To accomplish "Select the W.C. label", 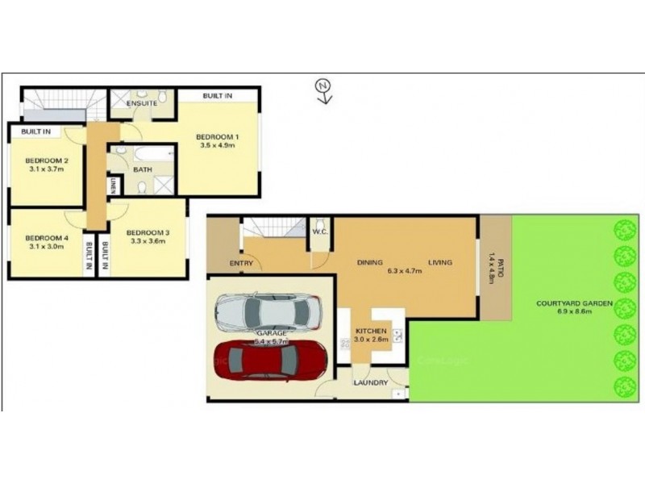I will [318, 234].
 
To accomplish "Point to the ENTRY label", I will [241, 264].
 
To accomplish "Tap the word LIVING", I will [439, 262].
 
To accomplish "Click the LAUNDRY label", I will [370, 382].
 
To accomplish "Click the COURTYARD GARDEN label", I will [576, 303].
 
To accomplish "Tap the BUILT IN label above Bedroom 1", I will [218, 96].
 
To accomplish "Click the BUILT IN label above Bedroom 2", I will [36, 131].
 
